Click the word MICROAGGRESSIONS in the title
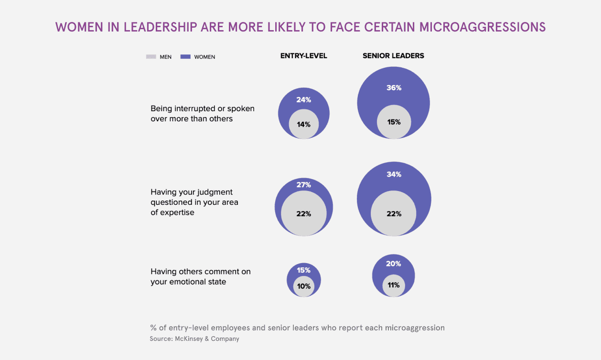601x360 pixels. click(483, 27)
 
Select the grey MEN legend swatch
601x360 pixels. click(151, 57)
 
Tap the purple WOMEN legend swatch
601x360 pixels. click(185, 57)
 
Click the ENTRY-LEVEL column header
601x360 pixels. click(303, 55)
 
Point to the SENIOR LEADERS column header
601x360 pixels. click(393, 55)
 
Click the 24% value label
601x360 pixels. click(304, 100)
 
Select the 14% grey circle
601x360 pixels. click(304, 124)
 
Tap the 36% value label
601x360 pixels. click(394, 88)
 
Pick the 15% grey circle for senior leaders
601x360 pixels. click(394, 122)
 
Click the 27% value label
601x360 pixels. click(304, 185)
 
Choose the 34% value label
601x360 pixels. click(394, 174)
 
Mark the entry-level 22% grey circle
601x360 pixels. click(304, 213)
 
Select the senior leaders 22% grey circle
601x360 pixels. click(394, 213)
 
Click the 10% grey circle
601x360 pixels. click(304, 286)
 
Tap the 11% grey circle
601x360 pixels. click(394, 286)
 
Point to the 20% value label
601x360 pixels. click(394, 264)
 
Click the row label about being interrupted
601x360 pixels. click(203, 114)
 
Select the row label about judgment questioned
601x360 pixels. click(194, 202)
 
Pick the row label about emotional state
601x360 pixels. click(201, 276)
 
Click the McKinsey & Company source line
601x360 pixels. click(194, 339)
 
